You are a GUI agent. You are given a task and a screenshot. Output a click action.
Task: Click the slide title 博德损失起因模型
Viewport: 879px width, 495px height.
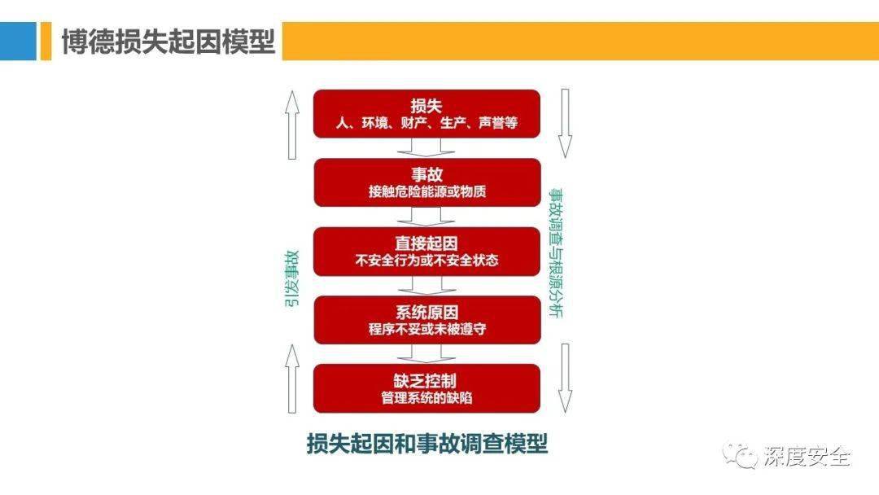point(168,42)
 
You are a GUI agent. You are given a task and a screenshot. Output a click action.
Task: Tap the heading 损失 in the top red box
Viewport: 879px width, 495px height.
point(426,105)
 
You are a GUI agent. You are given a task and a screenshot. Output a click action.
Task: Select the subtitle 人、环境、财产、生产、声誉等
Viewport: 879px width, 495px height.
point(426,123)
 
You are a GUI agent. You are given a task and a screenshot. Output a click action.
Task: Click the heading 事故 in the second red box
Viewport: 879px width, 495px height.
point(426,174)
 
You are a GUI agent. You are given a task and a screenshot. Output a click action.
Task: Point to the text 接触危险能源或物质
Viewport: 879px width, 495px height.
point(426,191)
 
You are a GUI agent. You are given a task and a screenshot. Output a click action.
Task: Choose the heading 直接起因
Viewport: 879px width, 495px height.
point(426,243)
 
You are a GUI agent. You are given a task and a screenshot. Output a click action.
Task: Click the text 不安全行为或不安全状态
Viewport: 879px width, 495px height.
point(426,261)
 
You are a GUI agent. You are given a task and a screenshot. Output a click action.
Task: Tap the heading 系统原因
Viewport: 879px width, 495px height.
point(426,313)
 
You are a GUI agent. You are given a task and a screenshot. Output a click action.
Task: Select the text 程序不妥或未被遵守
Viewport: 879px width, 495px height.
point(426,330)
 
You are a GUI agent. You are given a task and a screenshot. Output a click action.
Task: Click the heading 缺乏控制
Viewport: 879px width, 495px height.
point(425,381)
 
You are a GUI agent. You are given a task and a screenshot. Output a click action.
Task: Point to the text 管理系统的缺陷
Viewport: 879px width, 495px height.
point(426,398)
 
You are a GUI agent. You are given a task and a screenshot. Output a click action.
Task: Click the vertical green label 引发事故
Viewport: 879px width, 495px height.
point(292,279)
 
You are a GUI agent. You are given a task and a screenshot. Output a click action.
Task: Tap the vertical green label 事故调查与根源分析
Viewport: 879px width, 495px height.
point(556,253)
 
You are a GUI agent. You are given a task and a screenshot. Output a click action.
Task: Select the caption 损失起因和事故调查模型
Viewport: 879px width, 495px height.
point(427,444)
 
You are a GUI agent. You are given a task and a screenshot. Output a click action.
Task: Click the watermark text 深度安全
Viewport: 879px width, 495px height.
point(807,457)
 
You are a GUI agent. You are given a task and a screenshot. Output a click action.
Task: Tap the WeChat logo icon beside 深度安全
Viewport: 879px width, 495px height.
point(740,456)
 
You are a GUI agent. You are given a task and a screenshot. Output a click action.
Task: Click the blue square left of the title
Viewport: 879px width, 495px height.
point(18,41)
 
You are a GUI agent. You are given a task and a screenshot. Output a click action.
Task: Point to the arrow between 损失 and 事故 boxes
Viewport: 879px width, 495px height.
point(426,147)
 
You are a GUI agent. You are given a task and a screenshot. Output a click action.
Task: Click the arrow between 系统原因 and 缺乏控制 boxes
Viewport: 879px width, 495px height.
point(426,353)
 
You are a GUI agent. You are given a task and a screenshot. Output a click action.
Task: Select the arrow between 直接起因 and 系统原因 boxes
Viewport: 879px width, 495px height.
point(426,285)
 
